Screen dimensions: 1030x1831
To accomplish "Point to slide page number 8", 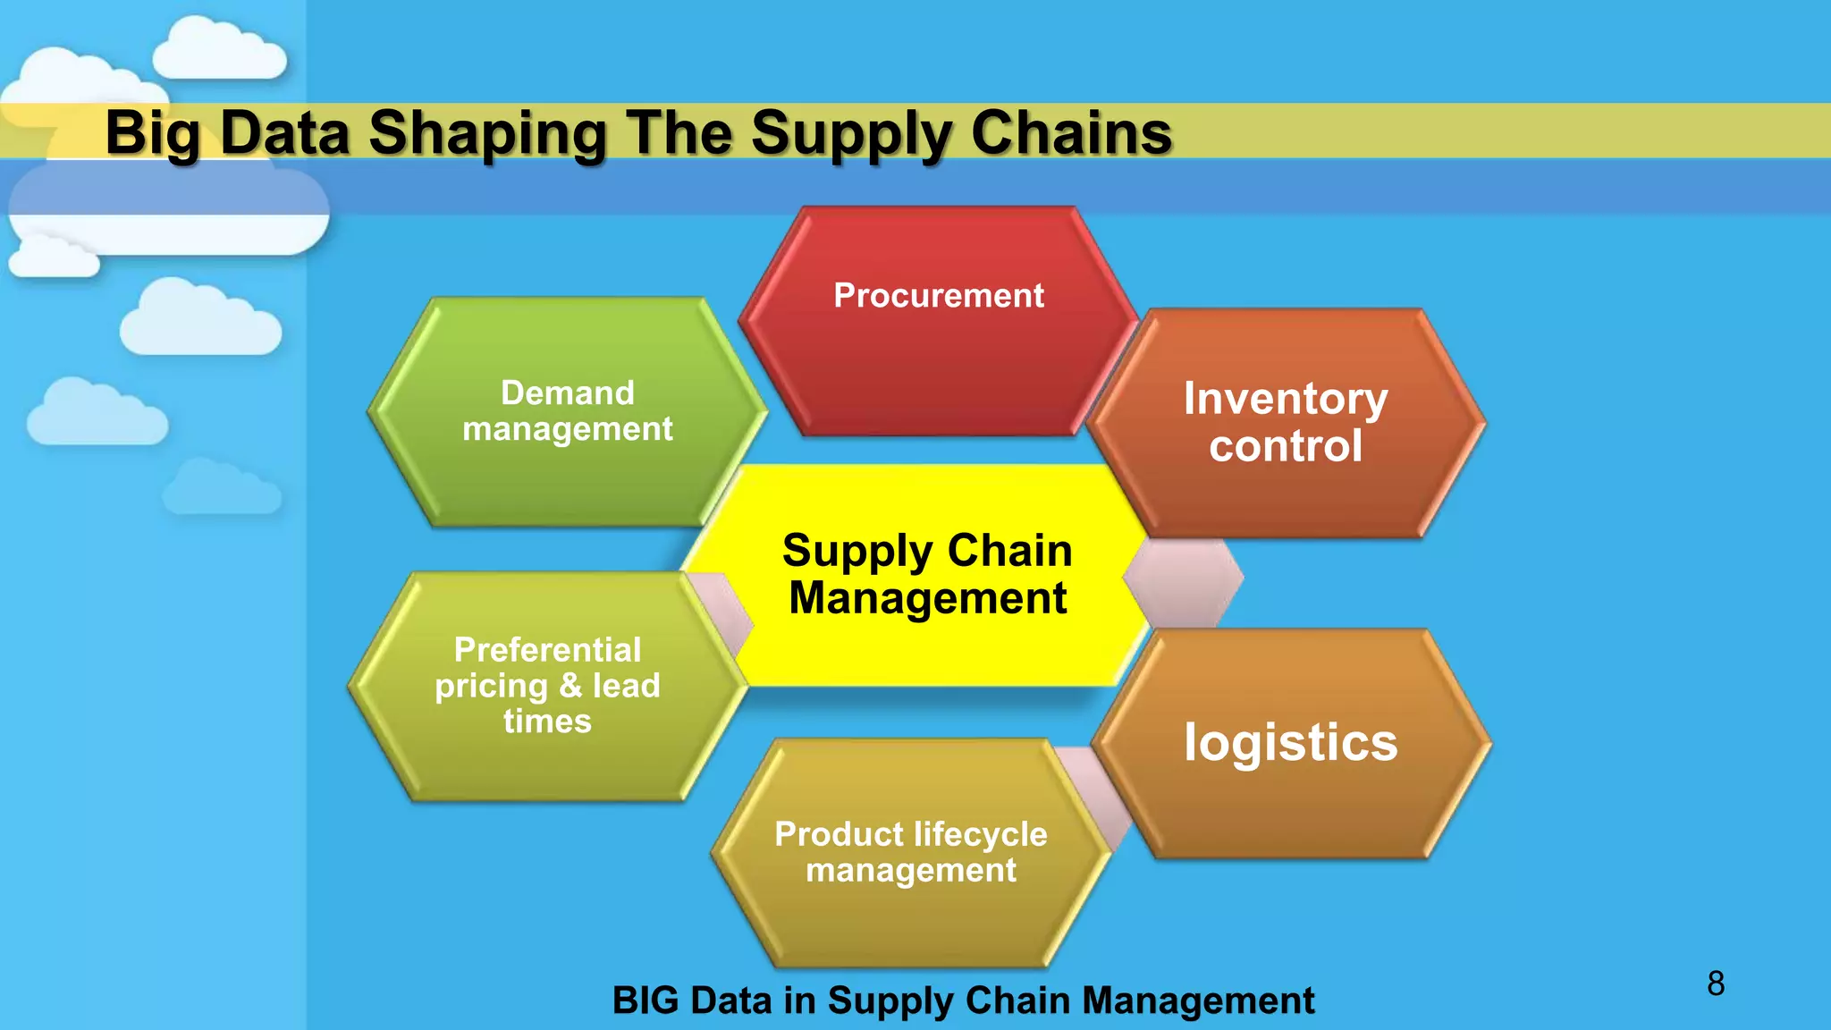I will [x=1715, y=984].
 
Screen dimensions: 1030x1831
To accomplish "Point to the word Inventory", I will [x=1286, y=398].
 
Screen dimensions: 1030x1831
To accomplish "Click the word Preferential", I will [x=547, y=650].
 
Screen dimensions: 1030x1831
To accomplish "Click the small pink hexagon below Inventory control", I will [x=1183, y=582].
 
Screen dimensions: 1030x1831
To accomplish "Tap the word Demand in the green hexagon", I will [x=567, y=393].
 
